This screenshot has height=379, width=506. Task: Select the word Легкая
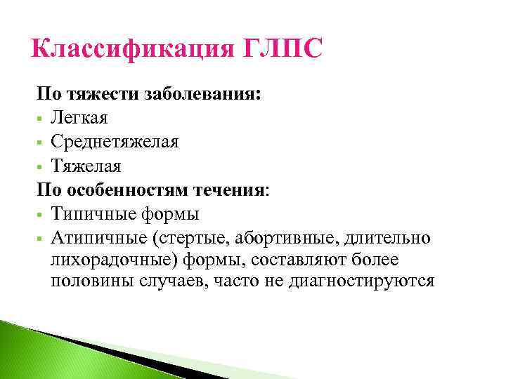click(x=80, y=118)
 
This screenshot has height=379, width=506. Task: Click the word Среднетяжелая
click(x=115, y=142)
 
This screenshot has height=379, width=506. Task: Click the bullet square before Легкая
click(x=41, y=119)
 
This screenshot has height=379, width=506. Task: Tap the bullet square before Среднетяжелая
click(x=41, y=142)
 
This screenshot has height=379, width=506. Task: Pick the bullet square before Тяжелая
click(x=41, y=166)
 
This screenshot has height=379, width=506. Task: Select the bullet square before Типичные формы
click(x=41, y=214)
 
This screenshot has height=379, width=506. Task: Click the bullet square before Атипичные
click(x=41, y=238)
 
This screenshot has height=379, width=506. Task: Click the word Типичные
click(x=90, y=213)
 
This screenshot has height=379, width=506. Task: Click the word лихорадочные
click(x=111, y=260)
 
